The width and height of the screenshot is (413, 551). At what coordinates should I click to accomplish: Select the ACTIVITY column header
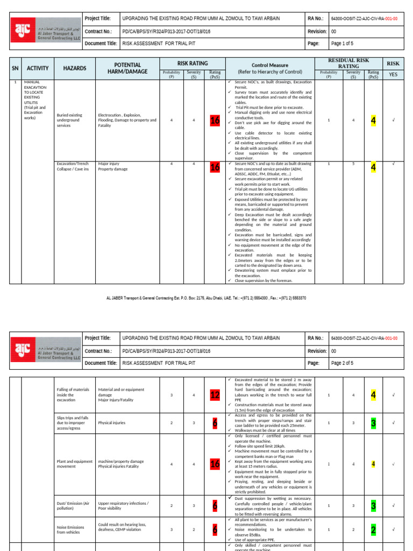[38, 68]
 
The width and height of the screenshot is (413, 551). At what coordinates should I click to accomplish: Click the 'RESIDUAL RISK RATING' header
[353, 63]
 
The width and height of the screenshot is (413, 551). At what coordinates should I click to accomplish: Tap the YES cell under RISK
[393, 74]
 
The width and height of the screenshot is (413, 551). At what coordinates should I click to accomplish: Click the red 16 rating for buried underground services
[215, 121]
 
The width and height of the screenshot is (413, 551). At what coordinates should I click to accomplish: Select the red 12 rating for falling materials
[215, 395]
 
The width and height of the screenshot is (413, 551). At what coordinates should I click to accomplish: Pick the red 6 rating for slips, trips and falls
[215, 423]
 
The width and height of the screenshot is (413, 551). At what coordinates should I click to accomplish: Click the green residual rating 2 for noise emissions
[373, 530]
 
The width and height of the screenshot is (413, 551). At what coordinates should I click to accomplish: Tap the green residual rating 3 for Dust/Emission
[373, 506]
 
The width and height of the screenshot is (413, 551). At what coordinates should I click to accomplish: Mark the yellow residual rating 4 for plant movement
[373, 463]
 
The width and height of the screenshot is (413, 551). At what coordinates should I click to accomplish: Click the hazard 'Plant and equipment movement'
[74, 463]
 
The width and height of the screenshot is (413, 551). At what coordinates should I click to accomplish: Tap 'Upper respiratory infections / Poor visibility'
[123, 506]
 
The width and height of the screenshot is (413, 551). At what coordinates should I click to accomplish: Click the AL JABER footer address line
[206, 297]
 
